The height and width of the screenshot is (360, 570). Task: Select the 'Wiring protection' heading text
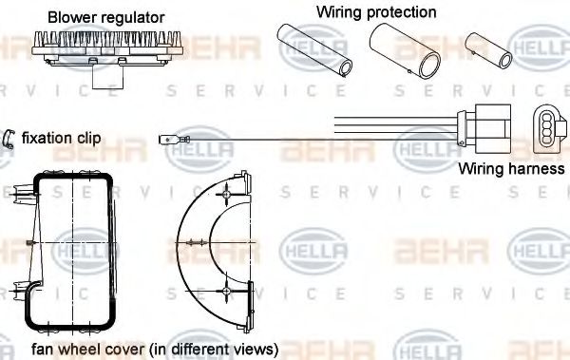[376, 12]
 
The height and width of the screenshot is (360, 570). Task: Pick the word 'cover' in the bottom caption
[131, 348]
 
